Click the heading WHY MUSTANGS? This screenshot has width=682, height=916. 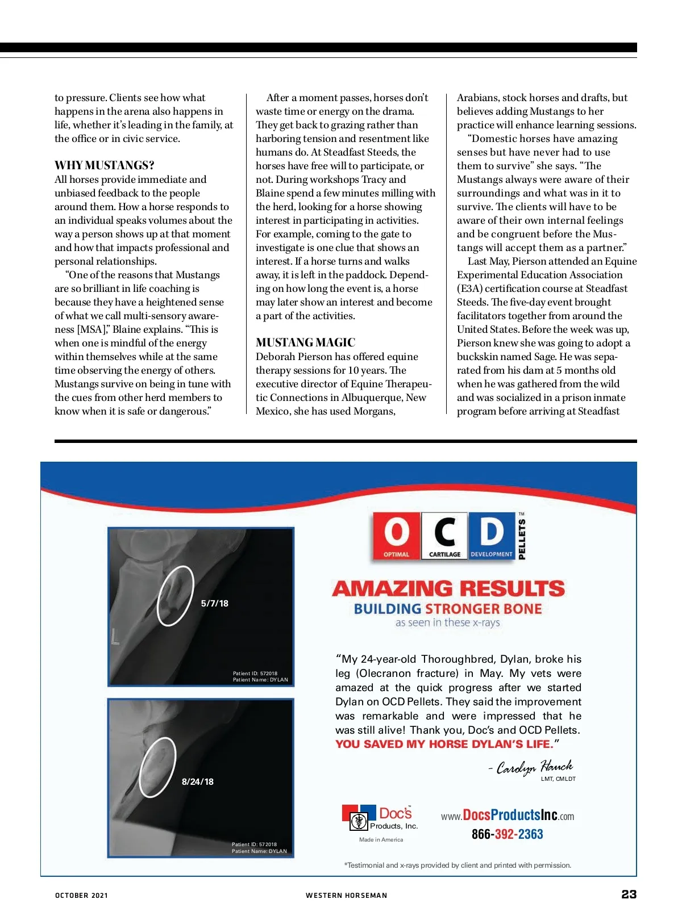[104, 165]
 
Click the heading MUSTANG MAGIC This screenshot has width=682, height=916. [305, 342]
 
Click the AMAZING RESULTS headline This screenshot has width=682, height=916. [448, 588]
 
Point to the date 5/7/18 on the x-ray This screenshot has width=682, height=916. [214, 604]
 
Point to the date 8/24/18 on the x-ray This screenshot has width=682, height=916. [197, 782]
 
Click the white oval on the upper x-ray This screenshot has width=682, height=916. [175, 596]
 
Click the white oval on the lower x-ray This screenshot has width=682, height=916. [157, 767]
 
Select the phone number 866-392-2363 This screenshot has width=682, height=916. [507, 834]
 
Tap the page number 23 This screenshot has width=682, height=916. [629, 894]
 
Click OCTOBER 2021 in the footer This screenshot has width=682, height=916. [81, 896]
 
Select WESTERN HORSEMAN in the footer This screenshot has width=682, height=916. [346, 896]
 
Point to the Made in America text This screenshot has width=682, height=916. [381, 840]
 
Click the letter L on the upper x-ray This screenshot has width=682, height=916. [115, 638]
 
